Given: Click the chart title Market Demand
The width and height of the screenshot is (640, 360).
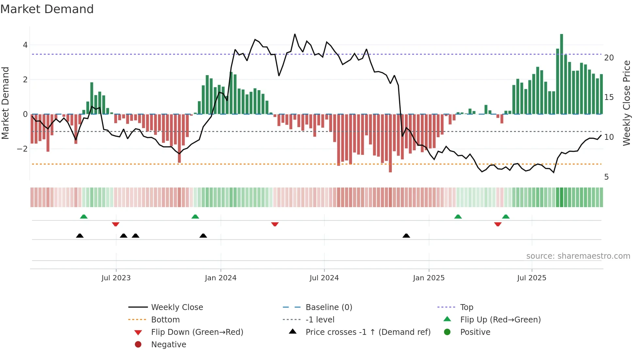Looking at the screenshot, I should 47,9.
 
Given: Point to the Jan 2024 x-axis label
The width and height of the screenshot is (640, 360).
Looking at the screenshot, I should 221,278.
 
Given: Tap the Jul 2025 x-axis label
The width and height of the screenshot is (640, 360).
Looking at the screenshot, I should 532,278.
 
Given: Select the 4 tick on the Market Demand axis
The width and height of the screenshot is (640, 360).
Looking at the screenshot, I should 25,45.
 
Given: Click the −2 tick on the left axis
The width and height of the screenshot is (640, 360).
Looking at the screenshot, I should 23,149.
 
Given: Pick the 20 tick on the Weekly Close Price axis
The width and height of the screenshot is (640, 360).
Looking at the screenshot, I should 609,58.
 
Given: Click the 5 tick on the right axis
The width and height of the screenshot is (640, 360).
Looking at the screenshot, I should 606,177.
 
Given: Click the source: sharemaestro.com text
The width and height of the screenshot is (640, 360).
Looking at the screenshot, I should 578,256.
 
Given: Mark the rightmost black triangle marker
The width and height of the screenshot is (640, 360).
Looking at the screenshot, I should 406,236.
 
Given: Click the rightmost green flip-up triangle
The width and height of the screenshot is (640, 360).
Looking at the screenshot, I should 506,217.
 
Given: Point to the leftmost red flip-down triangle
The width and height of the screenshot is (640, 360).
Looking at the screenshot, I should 116,224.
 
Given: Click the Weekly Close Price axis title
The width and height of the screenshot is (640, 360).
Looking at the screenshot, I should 626,103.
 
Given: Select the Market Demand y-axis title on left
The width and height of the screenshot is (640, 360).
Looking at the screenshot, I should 5,103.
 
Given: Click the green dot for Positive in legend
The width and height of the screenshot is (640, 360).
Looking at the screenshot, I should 447,332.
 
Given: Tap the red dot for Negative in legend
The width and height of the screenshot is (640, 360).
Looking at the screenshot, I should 138,345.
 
